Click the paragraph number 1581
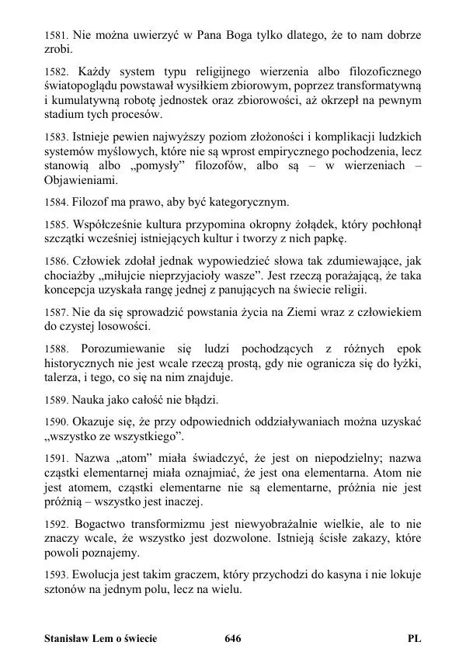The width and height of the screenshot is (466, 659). pyautogui.click(x=55, y=35)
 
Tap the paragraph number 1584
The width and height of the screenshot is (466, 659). pyautogui.click(x=55, y=203)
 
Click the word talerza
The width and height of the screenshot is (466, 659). pyautogui.click(x=63, y=377)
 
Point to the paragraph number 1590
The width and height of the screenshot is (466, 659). pyautogui.click(x=55, y=421)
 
